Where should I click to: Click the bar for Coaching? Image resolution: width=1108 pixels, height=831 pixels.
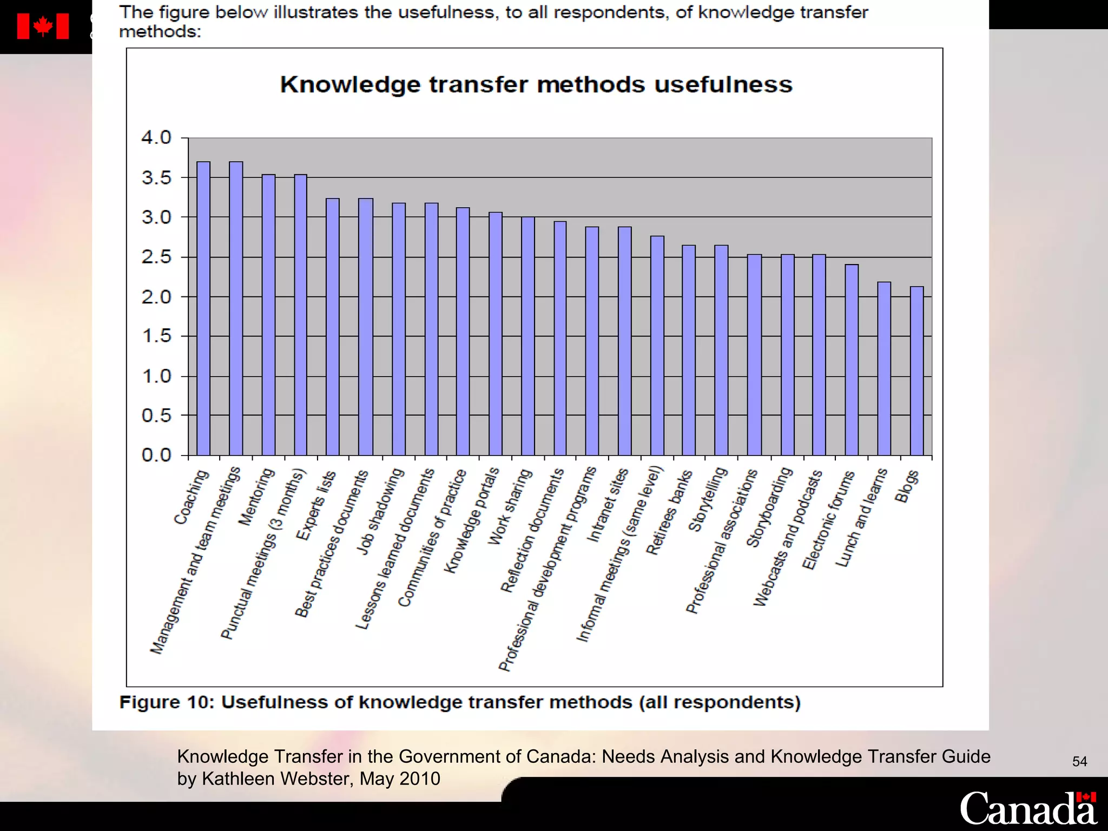point(203,308)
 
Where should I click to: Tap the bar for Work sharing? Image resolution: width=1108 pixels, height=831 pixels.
point(528,336)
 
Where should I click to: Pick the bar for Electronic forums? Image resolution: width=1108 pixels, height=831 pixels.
point(852,360)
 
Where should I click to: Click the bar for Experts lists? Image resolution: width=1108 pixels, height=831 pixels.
point(333,327)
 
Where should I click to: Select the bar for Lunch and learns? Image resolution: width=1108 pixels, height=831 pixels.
point(884,368)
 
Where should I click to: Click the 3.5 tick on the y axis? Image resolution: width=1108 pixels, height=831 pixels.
point(156,178)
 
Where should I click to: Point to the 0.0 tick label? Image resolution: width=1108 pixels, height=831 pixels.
point(156,456)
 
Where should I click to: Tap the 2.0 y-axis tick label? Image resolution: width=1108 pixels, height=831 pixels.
point(156,297)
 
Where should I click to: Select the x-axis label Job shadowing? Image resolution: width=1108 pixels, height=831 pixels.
point(380,511)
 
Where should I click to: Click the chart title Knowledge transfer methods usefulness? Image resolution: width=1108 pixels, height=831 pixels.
point(536,85)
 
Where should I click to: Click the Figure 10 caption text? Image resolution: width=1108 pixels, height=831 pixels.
point(460,702)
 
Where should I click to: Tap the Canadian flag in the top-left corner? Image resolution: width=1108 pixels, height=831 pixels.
point(43,27)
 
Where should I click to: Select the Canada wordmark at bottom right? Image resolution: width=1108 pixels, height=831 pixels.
point(1028,808)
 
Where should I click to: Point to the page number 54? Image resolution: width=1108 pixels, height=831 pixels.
point(1079,762)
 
